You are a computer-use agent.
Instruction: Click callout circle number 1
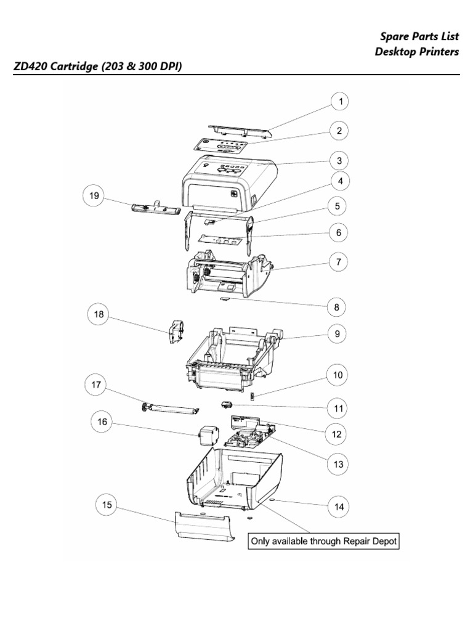pos(339,101)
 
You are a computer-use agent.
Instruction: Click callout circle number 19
pos(94,197)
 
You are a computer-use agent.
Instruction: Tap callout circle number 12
pos(336,434)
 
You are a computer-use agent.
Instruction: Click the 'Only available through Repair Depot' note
pos(323,542)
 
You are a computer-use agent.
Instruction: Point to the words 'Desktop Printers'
pos(417,52)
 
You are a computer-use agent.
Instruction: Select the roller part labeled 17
pos(169,408)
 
